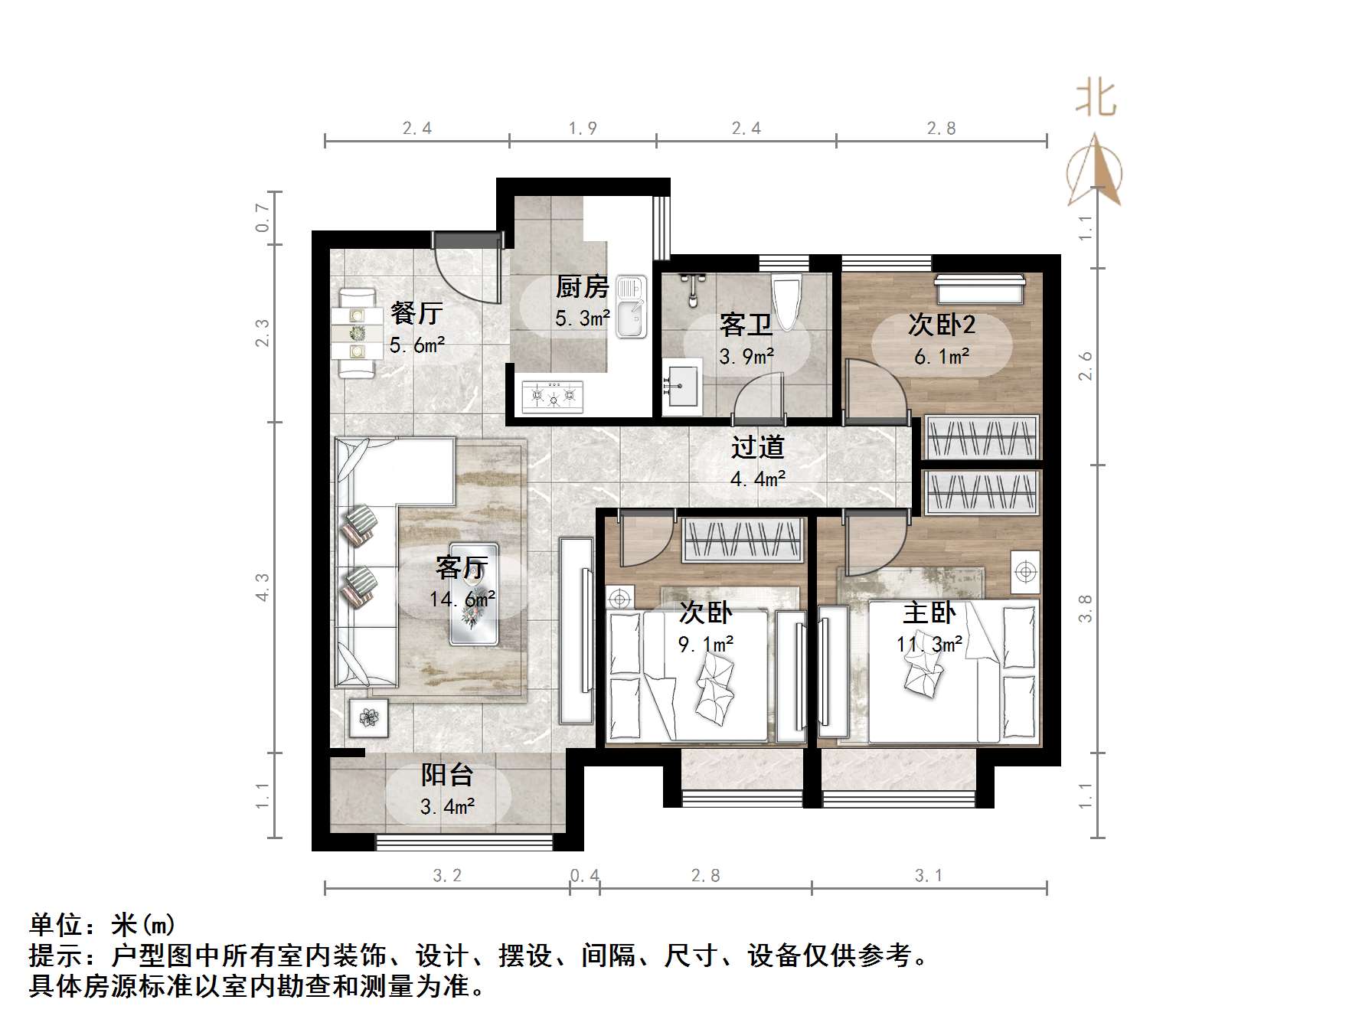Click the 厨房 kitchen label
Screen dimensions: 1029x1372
582,287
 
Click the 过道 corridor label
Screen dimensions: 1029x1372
758,447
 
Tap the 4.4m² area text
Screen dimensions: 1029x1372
758,479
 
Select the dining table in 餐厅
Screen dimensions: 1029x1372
357,333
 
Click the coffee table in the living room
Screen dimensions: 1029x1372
474,594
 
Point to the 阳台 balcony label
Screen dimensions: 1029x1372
447,775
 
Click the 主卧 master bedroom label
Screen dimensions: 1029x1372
929,612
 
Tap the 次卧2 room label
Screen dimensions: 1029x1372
942,325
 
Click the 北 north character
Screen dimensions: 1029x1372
1096,100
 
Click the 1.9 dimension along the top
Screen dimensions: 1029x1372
583,128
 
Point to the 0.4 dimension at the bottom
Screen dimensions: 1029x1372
585,875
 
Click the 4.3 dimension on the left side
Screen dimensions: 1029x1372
263,587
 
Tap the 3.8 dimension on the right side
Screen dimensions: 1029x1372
1085,609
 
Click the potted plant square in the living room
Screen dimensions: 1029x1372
369,717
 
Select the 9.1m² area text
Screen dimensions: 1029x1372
705,645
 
